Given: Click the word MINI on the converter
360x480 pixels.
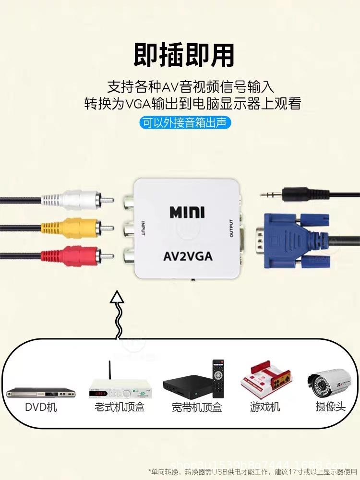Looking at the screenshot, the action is [187, 211].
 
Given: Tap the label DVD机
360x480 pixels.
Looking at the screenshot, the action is [41, 407].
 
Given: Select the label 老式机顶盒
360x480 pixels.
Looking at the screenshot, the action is [120, 408].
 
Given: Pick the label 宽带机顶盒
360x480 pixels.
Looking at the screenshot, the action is [197, 408].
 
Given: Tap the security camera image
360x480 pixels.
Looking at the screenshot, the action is [329, 382].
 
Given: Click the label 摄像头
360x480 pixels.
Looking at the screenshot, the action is [330, 407].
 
